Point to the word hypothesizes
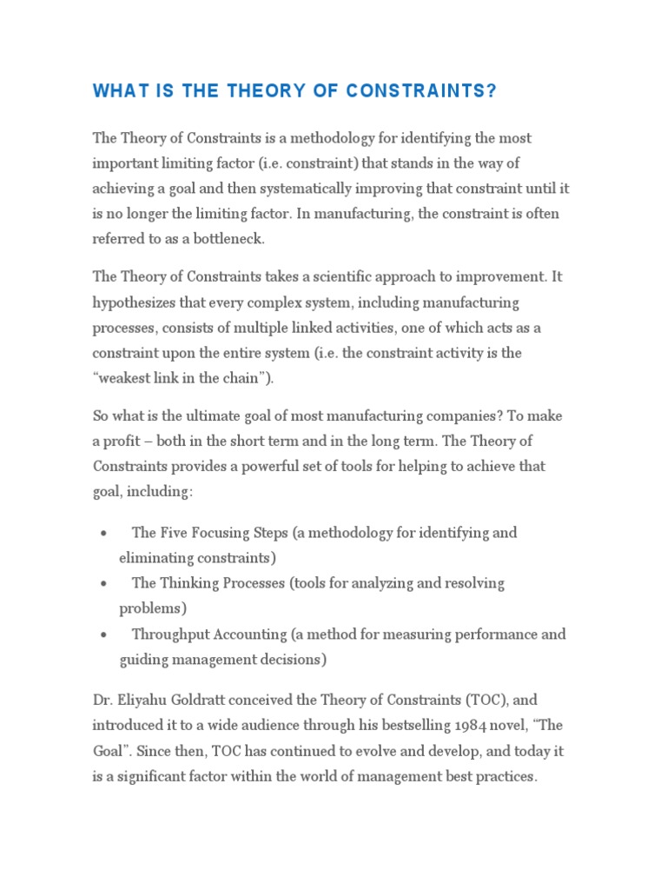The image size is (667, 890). pyautogui.click(x=136, y=303)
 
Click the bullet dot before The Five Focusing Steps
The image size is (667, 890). pyautogui.click(x=103, y=533)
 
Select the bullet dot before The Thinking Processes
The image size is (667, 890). pyautogui.click(x=103, y=583)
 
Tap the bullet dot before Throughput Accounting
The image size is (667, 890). pyautogui.click(x=103, y=634)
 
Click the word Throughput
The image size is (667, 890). pyautogui.click(x=171, y=634)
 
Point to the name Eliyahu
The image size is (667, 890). pyautogui.click(x=144, y=700)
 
